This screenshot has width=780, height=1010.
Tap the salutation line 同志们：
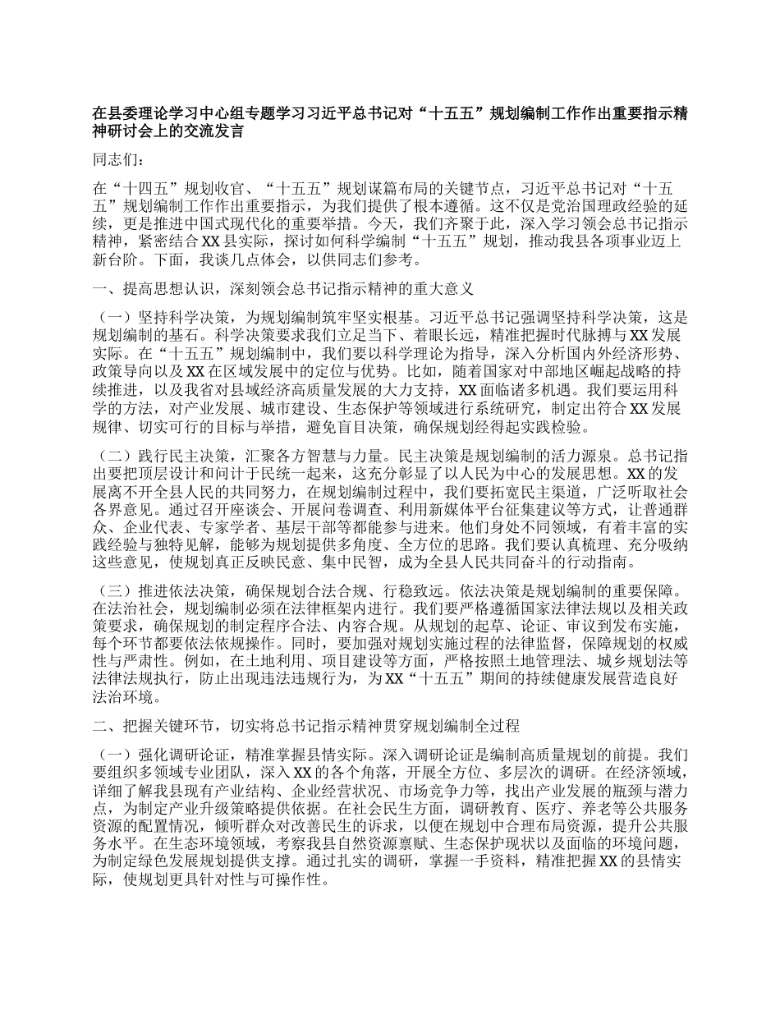119,162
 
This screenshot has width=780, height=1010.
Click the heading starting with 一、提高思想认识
282,289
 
